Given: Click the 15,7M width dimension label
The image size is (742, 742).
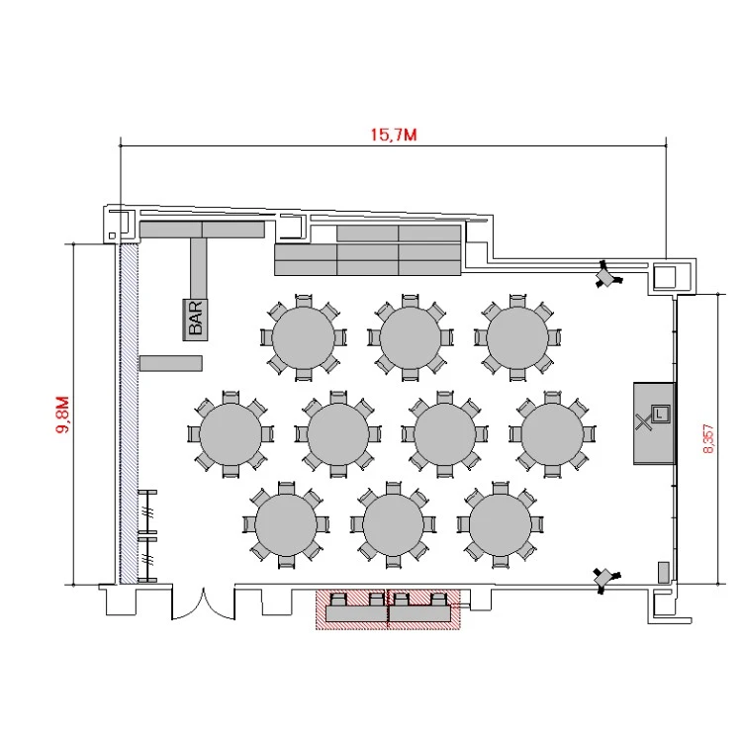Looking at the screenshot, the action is pos(394,135).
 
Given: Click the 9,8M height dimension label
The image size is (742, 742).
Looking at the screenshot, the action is pos(63,415).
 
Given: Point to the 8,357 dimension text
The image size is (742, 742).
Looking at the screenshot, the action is pos(708,438).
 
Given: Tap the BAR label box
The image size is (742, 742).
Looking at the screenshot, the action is pos(196,320).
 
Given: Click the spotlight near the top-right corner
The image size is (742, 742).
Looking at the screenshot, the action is pos(607,275).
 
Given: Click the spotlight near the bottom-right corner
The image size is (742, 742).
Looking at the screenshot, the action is pos(605,579).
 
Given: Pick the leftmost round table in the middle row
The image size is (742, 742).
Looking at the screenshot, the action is pos(231,434).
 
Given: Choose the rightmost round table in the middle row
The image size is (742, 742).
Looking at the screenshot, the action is pos(552,434).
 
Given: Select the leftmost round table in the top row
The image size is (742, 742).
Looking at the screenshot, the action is pos(304,337).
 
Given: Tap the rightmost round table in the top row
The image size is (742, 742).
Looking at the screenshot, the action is pos(517,337).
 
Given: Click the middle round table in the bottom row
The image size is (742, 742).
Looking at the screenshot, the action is pos(393,524).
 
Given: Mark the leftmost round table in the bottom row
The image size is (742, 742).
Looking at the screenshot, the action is pos(286,524).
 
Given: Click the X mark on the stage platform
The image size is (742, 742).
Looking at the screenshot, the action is pos(643,421).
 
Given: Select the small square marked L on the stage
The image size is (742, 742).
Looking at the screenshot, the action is pos(661,415).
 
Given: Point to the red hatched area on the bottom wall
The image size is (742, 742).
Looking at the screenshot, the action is pos(388,609).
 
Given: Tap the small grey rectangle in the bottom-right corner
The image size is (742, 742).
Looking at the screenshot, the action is pos(664,573).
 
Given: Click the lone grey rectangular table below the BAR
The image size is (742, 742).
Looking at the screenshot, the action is pos(171,363).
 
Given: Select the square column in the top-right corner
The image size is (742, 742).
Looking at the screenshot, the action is pos(665,277).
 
